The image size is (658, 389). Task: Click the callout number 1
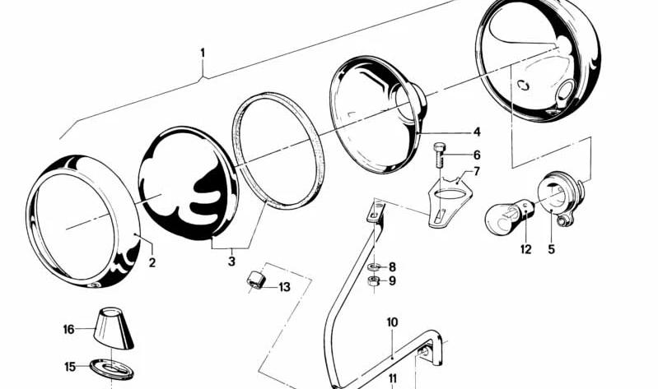pyautogui.click(x=203, y=53)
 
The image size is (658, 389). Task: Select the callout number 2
pyautogui.click(x=152, y=263)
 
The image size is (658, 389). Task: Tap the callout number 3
pyautogui.click(x=231, y=262)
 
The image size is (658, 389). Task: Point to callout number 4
pyautogui.click(x=477, y=132)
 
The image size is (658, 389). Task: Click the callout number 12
pyautogui.click(x=525, y=249)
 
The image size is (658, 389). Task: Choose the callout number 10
pyautogui.click(x=392, y=322)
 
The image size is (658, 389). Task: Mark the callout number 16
pyautogui.click(x=68, y=329)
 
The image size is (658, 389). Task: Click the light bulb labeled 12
pyautogui.click(x=510, y=214)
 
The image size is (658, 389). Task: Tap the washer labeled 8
pyautogui.click(x=374, y=266)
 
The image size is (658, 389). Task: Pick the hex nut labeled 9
pyautogui.click(x=374, y=281)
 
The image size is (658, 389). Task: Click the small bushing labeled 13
pyautogui.click(x=254, y=280)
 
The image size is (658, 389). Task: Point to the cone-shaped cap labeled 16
pyautogui.click(x=114, y=328)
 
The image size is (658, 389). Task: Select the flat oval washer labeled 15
pyautogui.click(x=112, y=368)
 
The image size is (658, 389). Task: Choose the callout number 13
pyautogui.click(x=284, y=287)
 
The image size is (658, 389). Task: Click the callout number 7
pyautogui.click(x=477, y=171)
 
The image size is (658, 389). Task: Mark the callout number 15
pyautogui.click(x=70, y=367)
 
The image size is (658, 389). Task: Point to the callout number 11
pyautogui.click(x=392, y=378)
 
